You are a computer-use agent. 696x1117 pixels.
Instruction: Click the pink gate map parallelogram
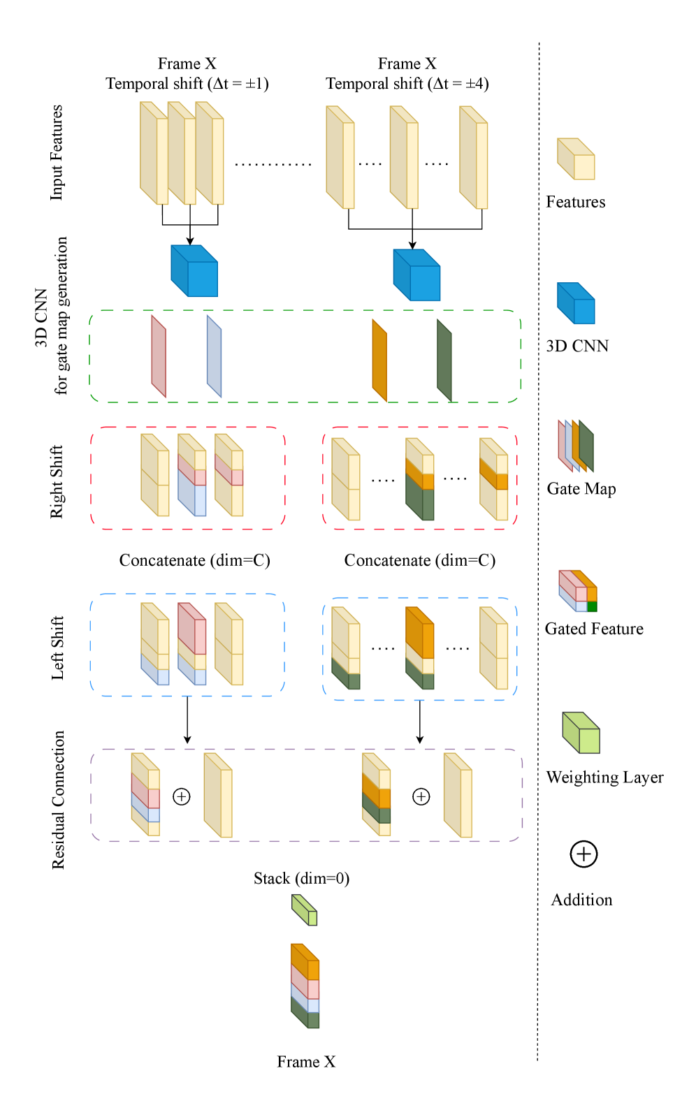[x=159, y=356]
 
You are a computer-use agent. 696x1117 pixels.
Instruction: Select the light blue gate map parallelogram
[x=214, y=356]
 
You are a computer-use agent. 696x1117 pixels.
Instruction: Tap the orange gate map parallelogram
[x=379, y=360]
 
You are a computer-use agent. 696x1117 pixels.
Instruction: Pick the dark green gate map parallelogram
[x=444, y=360]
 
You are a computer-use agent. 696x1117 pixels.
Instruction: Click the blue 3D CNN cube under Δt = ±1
[x=195, y=271]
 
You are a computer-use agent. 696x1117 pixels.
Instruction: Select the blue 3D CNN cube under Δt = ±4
[x=417, y=275]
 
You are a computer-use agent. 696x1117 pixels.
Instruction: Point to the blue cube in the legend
[x=577, y=303]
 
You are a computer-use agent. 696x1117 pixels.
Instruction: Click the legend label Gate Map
[x=581, y=489]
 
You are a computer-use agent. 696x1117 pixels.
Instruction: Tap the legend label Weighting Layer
[x=604, y=777]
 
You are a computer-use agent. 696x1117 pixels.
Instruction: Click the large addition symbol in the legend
[x=583, y=854]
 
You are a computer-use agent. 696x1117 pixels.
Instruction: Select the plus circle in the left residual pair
[x=182, y=796]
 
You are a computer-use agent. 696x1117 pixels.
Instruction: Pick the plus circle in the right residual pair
[x=421, y=796]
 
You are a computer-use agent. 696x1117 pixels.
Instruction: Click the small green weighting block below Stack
[x=305, y=910]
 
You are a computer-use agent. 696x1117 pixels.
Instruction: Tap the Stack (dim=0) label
[x=301, y=878]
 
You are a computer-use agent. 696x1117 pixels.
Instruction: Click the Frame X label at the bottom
[x=306, y=1062]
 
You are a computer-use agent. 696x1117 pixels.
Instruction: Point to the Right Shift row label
[x=57, y=482]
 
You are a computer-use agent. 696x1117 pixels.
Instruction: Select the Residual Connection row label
[x=58, y=800]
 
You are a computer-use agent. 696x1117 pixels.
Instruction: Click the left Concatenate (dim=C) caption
[x=194, y=560]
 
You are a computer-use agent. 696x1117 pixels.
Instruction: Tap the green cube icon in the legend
[x=581, y=733]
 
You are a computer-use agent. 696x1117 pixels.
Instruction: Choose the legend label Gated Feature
[x=594, y=629]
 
